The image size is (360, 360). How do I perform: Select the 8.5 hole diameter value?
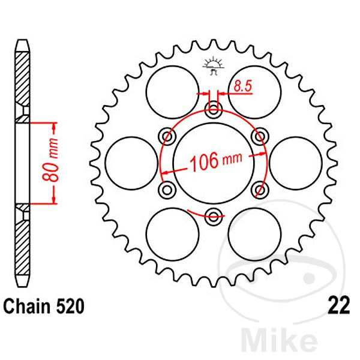[x=242, y=86]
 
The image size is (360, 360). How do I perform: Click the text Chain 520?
[x=43, y=307]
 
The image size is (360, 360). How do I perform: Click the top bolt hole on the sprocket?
[x=213, y=109]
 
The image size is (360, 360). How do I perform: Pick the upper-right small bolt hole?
[x=260, y=136]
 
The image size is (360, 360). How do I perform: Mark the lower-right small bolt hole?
[x=260, y=190]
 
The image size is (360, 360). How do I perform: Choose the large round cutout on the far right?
[x=296, y=163]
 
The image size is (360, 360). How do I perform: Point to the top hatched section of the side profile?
[x=23, y=78]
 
